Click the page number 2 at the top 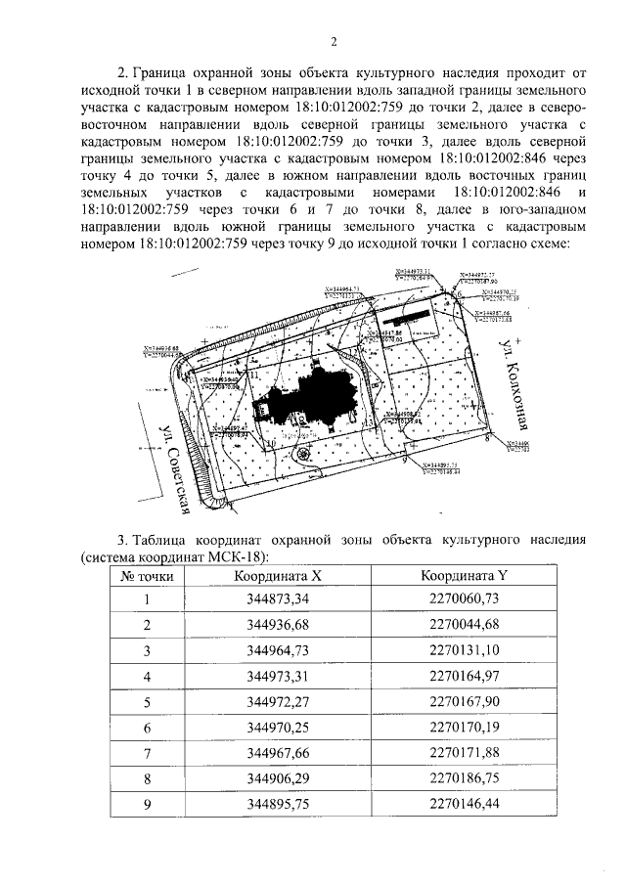coord(333,41)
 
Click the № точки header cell coord(148,576)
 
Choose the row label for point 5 coord(148,701)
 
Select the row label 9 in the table coord(148,803)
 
